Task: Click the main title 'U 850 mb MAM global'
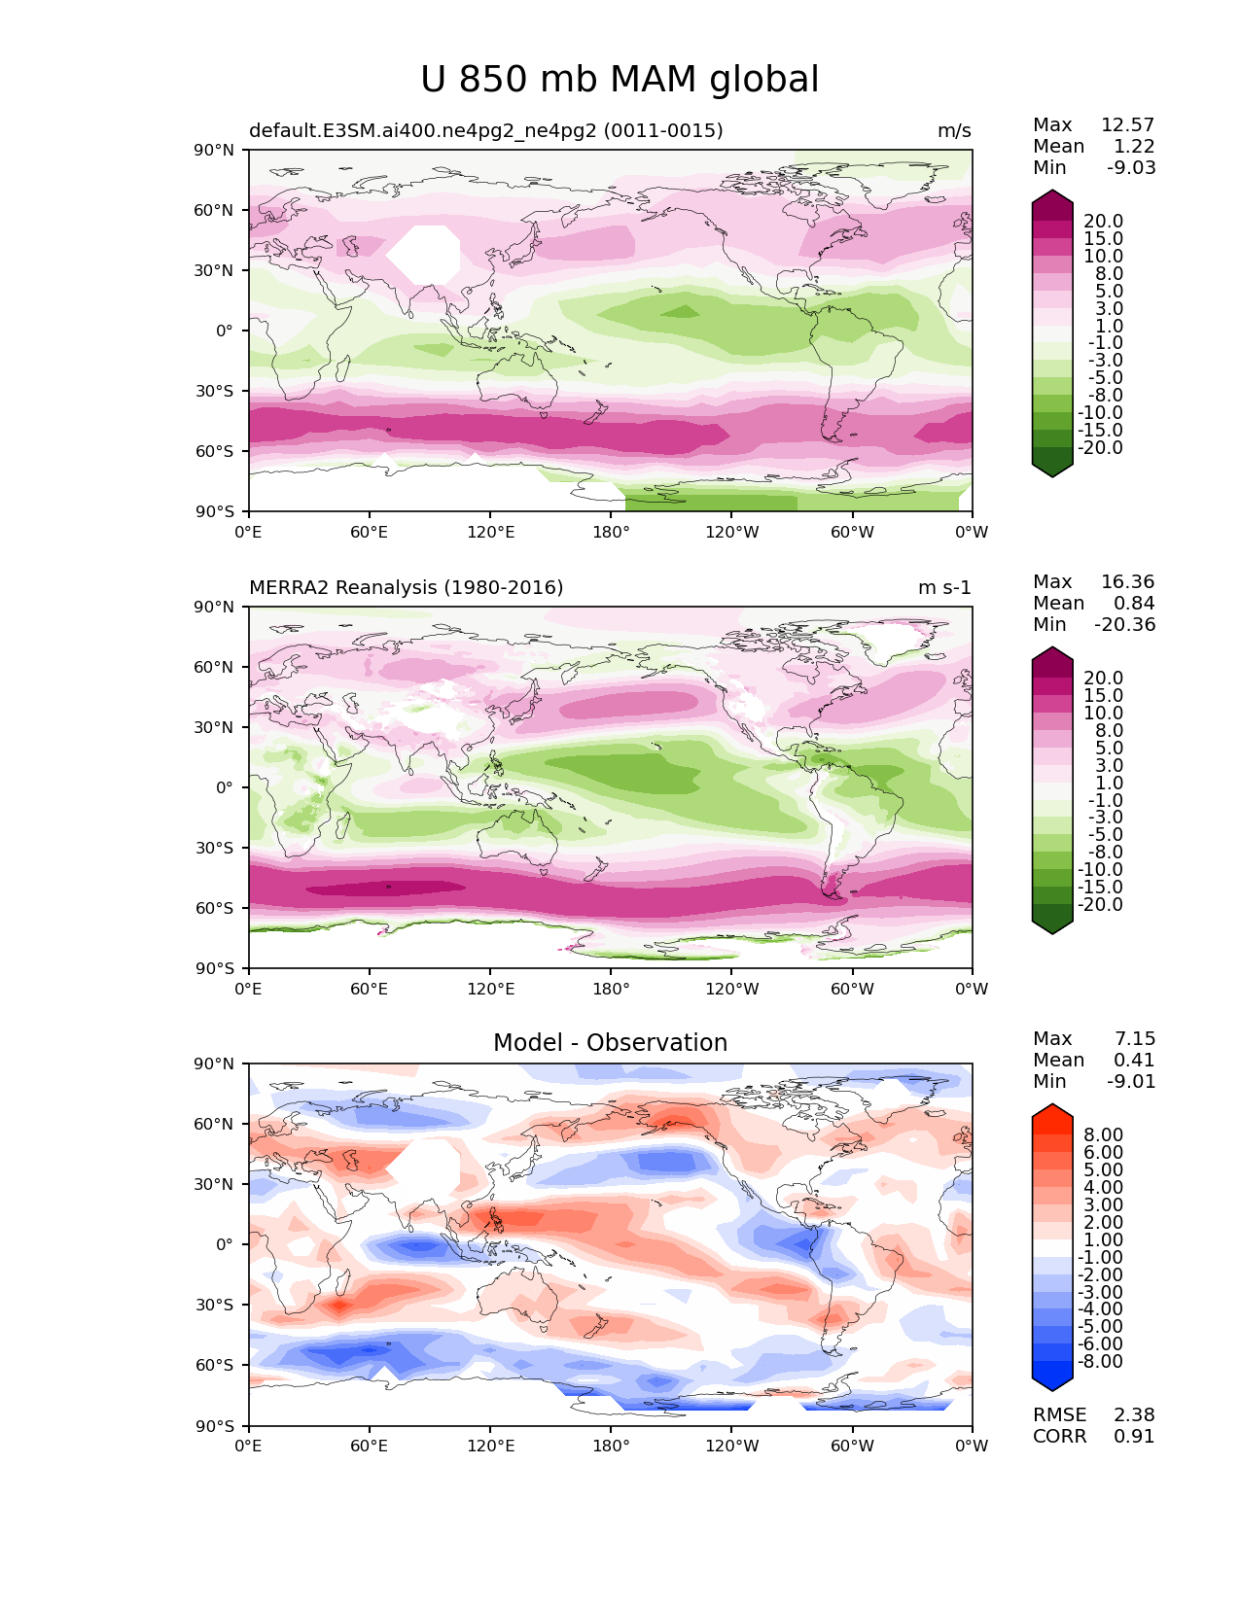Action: point(620,80)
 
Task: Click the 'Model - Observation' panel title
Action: point(610,1043)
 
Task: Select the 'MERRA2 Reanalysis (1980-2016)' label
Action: point(407,588)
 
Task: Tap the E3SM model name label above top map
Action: point(486,131)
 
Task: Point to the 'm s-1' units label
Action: point(944,588)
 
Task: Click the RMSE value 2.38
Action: point(1134,1415)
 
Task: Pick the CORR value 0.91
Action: point(1134,1437)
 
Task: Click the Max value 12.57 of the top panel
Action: point(1127,125)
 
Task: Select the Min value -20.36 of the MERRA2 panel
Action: point(1125,625)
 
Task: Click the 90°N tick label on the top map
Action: point(214,151)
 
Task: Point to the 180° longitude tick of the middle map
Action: point(611,990)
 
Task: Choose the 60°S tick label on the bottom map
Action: point(214,1366)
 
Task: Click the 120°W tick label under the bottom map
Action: point(732,1447)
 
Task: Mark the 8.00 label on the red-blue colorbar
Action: point(1104,1135)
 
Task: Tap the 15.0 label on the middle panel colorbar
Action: point(1104,696)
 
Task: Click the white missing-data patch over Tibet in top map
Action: point(424,255)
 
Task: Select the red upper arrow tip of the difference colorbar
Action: point(1052,1111)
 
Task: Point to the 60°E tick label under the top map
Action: point(370,533)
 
